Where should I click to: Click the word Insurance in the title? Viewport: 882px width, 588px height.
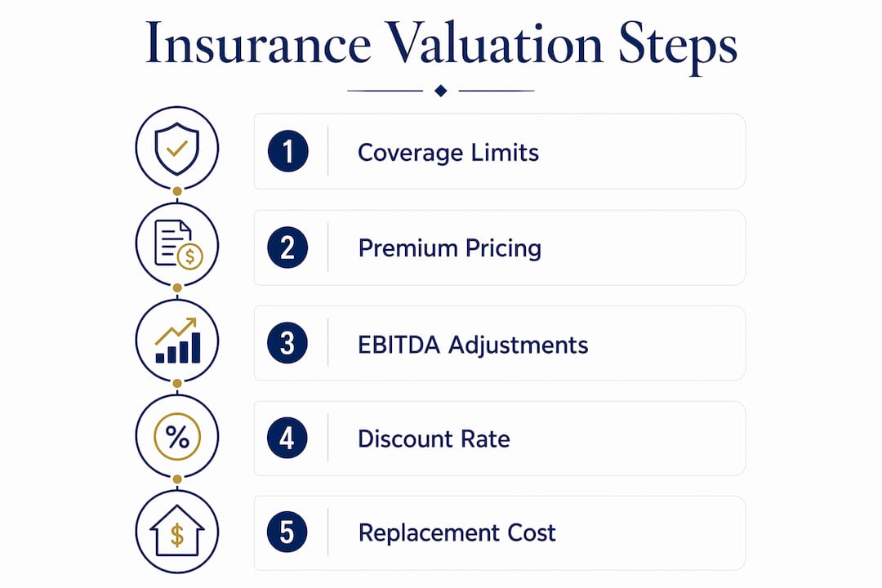[258, 43]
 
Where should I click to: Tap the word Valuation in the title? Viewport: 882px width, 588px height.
[494, 43]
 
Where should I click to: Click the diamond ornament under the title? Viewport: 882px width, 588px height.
[441, 91]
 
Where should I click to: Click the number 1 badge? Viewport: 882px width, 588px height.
[288, 151]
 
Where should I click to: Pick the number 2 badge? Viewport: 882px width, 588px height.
[287, 247]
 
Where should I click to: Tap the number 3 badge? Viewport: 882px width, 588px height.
[287, 343]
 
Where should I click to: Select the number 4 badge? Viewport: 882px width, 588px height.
[287, 438]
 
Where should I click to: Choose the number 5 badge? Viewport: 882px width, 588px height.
[287, 532]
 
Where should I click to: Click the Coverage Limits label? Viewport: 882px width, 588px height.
[448, 153]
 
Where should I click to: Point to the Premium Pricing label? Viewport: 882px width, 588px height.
[450, 249]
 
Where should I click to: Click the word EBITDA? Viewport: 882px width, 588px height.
[399, 345]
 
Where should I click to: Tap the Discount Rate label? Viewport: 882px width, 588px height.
[434, 439]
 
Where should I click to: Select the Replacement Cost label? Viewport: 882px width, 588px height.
[457, 532]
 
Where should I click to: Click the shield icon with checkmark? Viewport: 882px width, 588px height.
[177, 149]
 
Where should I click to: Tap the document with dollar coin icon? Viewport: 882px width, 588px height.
[178, 244]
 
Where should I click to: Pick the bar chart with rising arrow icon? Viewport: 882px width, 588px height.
[177, 341]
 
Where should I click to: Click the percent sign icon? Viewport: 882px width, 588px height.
[177, 437]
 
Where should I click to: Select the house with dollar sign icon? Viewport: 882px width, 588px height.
[177, 531]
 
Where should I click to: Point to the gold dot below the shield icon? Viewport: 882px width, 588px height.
[177, 191]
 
